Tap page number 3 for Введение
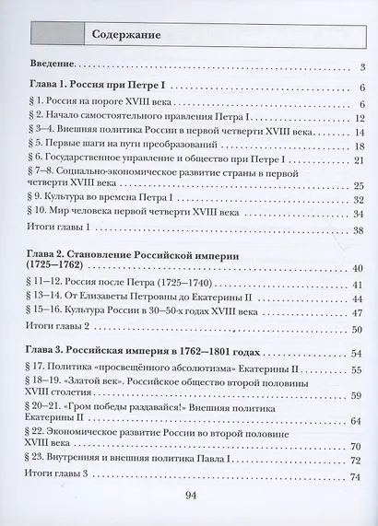[363, 67]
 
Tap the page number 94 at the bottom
[192, 497]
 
